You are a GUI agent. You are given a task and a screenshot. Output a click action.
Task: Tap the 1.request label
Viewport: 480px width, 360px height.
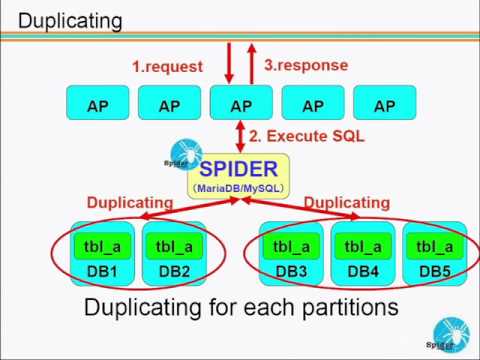[x=167, y=67]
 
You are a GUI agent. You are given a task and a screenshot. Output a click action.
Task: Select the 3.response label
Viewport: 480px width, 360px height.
[x=306, y=65]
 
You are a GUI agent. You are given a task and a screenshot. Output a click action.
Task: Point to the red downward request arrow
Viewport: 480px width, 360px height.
[x=229, y=64]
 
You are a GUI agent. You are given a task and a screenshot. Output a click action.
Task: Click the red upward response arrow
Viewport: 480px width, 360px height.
[x=251, y=64]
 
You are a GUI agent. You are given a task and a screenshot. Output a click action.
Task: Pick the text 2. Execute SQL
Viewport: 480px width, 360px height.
[x=306, y=135]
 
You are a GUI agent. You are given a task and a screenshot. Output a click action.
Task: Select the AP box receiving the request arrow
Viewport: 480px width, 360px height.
[x=241, y=105]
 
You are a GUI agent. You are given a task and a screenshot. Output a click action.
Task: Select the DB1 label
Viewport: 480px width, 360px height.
[x=98, y=269]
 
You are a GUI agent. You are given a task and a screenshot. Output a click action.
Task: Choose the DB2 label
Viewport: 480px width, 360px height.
[x=170, y=269]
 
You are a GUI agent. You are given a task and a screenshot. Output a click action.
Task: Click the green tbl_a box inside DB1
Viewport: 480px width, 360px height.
[x=98, y=245]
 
